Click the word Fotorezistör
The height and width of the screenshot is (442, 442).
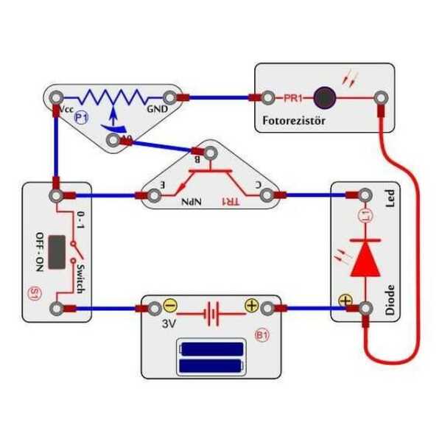coord(292,119)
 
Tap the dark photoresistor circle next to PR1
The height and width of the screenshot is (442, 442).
coord(323,97)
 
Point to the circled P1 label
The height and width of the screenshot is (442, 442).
coord(81,117)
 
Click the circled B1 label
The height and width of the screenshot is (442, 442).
coord(262,336)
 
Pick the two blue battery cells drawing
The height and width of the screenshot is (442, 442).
coord(212,357)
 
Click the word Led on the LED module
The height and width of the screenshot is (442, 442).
coord(390,199)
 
